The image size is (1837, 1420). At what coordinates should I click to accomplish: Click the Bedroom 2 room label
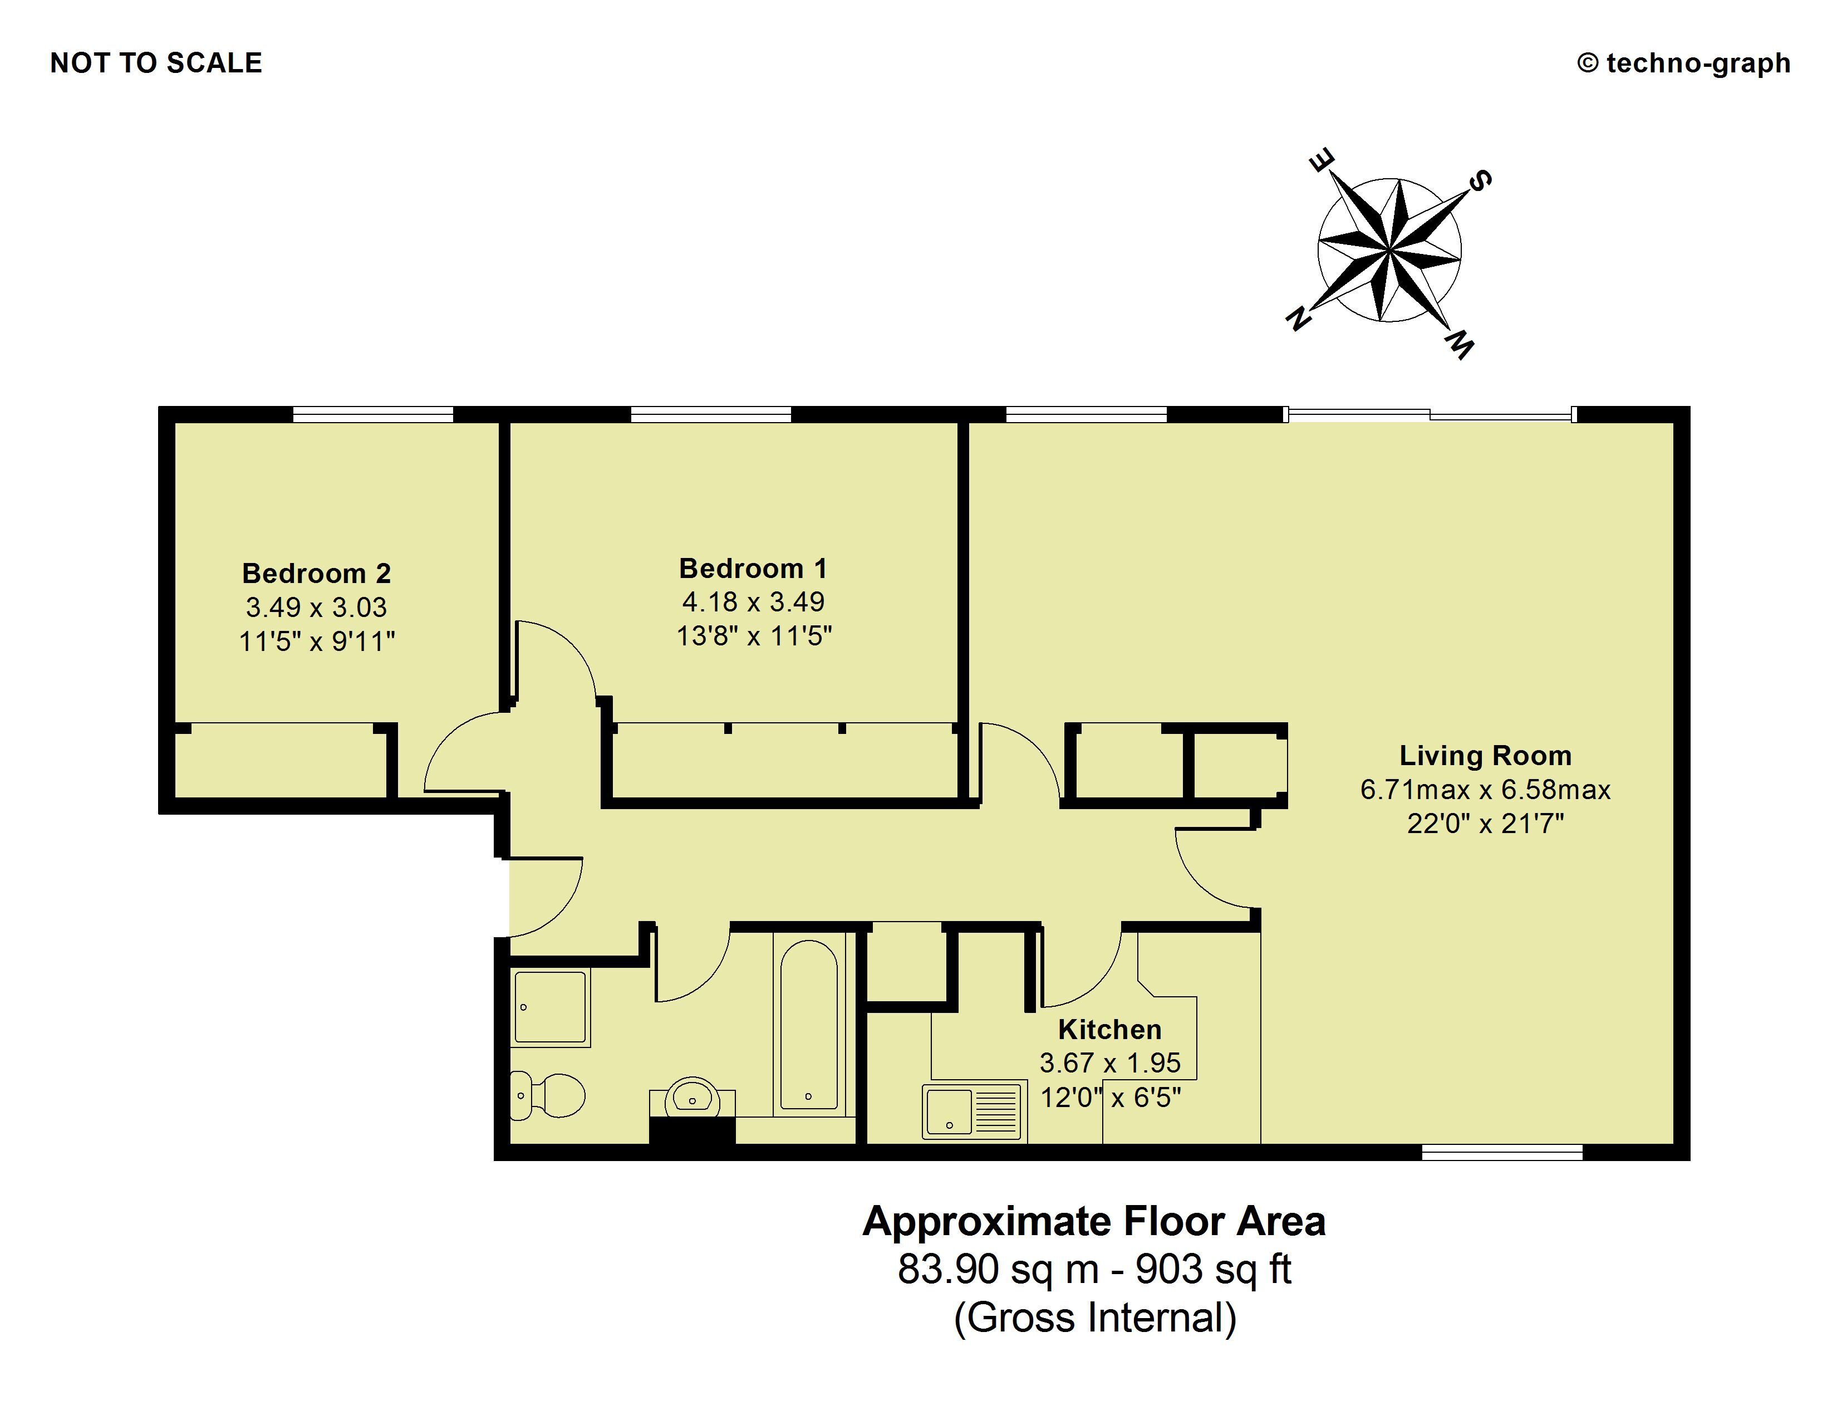pyautogui.click(x=316, y=574)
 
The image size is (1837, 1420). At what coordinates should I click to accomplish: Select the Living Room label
pyautogui.click(x=1485, y=756)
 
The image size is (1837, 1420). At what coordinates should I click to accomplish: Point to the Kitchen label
pyautogui.click(x=1109, y=1029)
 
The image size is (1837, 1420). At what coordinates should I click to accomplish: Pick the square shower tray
pyautogui.click(x=550, y=1007)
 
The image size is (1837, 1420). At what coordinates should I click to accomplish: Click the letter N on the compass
pyautogui.click(x=1299, y=318)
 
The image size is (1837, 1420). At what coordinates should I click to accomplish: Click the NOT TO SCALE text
pyautogui.click(x=156, y=63)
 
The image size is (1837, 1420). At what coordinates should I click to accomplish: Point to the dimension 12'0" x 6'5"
pyautogui.click(x=1111, y=1098)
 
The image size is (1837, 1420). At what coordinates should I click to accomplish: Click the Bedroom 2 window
pyautogui.click(x=372, y=414)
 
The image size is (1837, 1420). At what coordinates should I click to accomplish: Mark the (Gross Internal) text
pyautogui.click(x=1094, y=1318)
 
